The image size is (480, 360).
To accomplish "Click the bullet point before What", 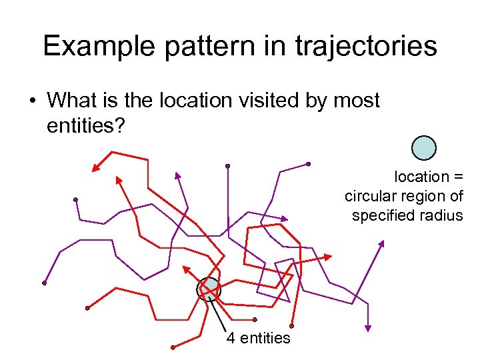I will click(x=31, y=101).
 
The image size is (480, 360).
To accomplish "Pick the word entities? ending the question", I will click(x=86, y=126).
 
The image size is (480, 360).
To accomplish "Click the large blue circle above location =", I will click(x=424, y=148).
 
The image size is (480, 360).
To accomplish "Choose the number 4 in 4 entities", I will click(x=230, y=338).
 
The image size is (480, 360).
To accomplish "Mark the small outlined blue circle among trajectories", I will click(x=209, y=287).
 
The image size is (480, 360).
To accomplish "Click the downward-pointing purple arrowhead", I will click(x=367, y=327).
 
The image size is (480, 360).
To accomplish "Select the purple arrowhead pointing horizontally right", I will click(x=284, y=219).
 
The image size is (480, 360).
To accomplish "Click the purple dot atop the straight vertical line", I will click(x=227, y=165).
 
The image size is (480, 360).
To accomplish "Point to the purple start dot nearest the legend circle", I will click(x=308, y=163).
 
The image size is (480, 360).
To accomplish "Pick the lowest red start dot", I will click(x=173, y=347).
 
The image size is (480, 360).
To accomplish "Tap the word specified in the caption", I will click(x=381, y=215).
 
